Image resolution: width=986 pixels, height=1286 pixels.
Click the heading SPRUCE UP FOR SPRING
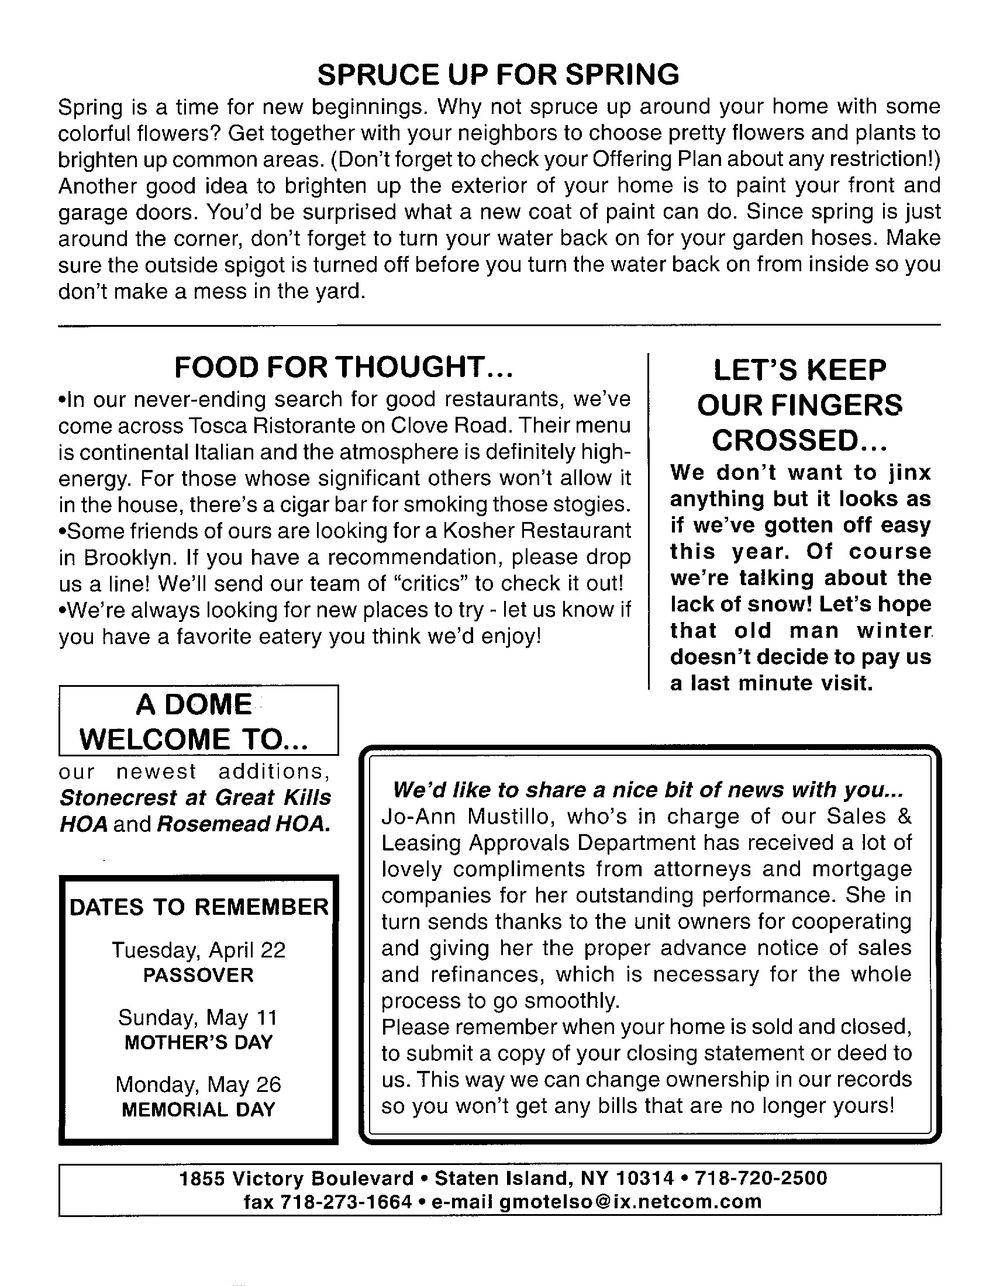coord(498,75)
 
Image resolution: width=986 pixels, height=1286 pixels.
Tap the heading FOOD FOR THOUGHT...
coord(344,368)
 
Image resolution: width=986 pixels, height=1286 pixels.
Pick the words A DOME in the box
coord(194,705)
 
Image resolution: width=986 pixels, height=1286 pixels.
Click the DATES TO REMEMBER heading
coord(199,907)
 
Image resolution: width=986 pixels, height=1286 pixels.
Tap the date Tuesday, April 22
coord(198,950)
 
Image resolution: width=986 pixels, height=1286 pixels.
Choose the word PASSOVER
coord(198,975)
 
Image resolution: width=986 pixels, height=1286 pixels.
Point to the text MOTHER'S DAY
coord(198,1042)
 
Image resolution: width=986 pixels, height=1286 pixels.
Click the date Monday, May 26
coord(198,1084)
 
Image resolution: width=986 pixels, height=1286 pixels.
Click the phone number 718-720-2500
coord(761,1178)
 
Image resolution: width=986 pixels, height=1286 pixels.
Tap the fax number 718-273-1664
coord(346,1201)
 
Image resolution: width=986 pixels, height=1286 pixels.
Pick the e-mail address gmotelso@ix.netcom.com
coord(630,1201)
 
